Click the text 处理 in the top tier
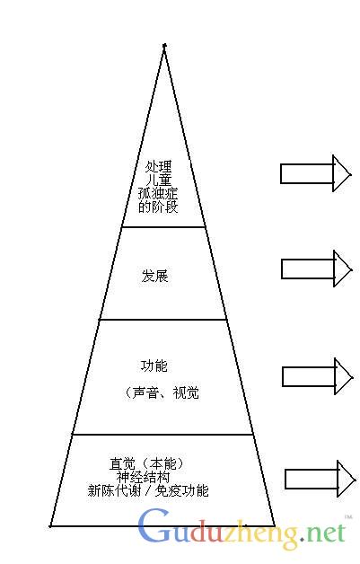(159, 166)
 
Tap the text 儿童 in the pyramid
(159, 181)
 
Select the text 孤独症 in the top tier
(158, 193)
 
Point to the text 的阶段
(158, 207)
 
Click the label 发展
(155, 277)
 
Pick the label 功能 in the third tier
(154, 366)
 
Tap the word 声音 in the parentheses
(145, 392)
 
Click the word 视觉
(186, 392)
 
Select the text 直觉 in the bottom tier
(123, 463)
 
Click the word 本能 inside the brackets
(162, 463)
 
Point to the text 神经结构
(143, 477)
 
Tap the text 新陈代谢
(114, 490)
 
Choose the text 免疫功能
(181, 490)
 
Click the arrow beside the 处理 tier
(315, 173)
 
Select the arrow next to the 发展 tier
(317, 269)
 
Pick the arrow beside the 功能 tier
(318, 376)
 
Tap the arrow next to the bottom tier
(320, 479)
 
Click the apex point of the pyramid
(164, 45)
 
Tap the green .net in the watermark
(322, 533)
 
